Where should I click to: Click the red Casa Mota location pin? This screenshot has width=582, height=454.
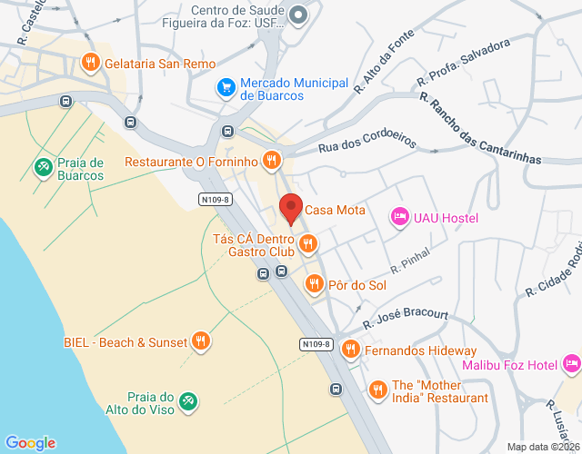pos(290,208)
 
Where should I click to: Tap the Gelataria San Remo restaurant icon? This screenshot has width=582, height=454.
pos(90,63)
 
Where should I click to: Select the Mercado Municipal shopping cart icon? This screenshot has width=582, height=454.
pos(226,87)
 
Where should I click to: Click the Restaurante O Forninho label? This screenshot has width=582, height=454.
pos(192,163)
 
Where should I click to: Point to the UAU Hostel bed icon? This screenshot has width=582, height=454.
pos(398,216)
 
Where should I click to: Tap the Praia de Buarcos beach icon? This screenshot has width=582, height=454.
pos(43,167)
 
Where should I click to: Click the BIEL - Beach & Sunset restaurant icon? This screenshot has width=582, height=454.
pos(201,341)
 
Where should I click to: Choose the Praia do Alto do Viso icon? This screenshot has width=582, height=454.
pos(187,400)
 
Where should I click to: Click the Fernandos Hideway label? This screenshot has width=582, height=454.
pos(420,350)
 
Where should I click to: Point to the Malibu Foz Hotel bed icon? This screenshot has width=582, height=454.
pos(571,364)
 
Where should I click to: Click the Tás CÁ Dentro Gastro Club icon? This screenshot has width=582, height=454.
pos(308,242)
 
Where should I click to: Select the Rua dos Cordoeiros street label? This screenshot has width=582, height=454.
pos(367,144)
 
